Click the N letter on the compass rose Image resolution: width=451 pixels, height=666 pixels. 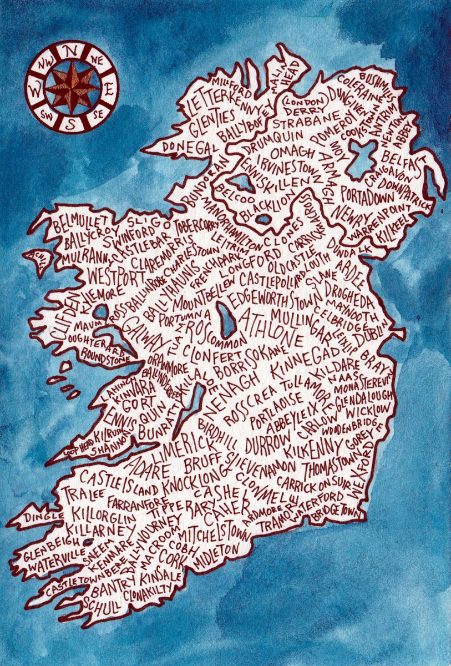(71, 51)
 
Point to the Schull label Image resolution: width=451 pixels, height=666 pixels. (101, 604)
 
